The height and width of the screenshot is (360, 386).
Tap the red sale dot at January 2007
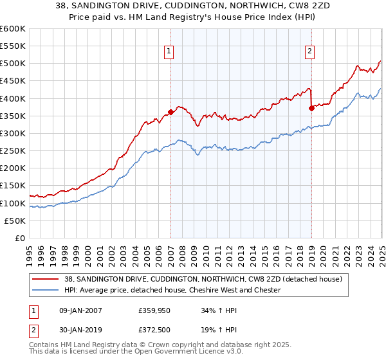[170, 112]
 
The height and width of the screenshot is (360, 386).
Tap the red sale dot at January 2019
[311, 108]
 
